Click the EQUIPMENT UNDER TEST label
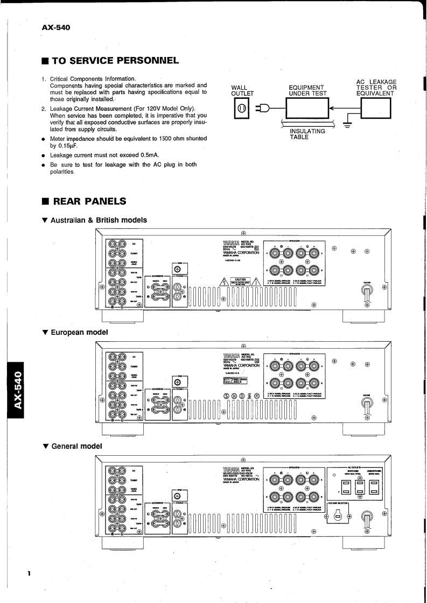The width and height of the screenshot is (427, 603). (306, 90)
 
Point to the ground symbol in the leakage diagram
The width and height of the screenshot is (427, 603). (347, 125)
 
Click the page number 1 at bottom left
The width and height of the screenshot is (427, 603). (30, 574)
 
